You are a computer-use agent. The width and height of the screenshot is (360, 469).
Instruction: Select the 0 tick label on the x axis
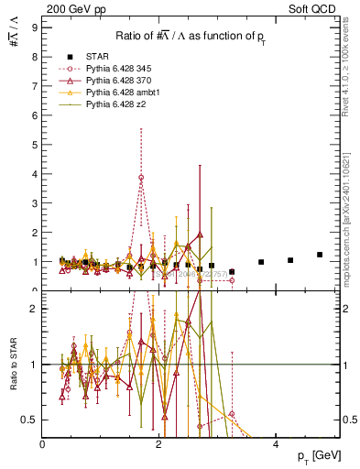(43, 442)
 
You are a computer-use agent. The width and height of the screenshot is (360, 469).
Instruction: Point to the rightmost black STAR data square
(320, 255)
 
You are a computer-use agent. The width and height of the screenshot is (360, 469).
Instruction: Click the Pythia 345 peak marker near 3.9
(141, 178)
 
